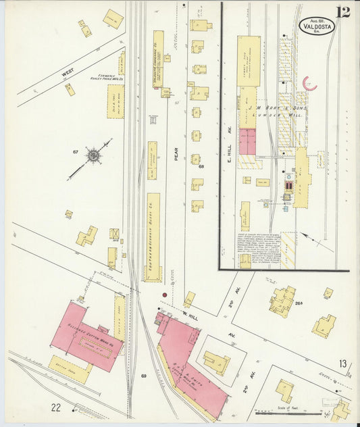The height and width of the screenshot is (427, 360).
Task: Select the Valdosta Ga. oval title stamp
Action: coord(317,28)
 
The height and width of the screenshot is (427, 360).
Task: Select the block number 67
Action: coord(76,152)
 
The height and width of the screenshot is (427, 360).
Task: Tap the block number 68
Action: coord(201,166)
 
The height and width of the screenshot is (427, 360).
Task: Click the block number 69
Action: coord(144,375)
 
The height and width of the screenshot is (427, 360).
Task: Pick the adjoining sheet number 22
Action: coord(56,406)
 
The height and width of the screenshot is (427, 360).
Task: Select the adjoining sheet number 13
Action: coord(342,364)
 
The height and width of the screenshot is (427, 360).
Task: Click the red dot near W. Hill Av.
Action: coord(163,295)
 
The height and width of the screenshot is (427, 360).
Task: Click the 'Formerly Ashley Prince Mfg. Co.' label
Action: coord(106,76)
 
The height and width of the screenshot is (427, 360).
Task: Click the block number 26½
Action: coord(298,303)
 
